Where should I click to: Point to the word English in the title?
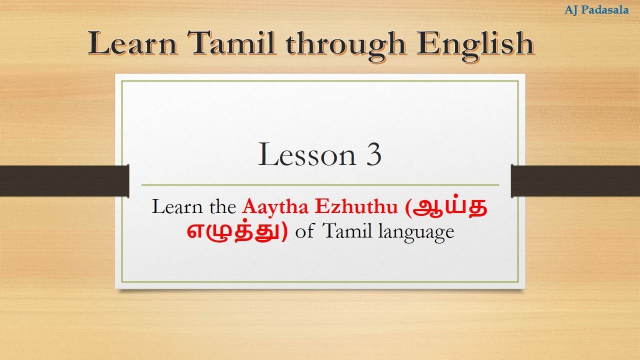[x=475, y=44]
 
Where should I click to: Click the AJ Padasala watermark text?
[x=596, y=10]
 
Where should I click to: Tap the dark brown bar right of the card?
[x=575, y=181]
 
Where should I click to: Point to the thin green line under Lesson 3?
[x=320, y=185]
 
